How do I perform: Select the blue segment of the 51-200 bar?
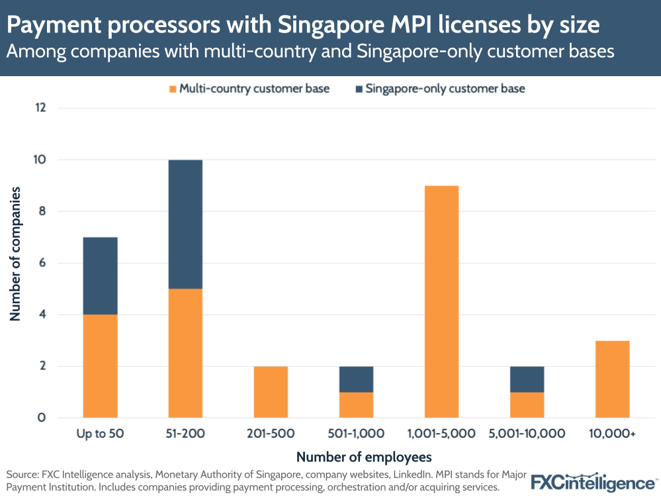click(x=185, y=224)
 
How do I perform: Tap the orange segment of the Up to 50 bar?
click(x=100, y=366)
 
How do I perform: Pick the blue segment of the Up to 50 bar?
click(x=100, y=275)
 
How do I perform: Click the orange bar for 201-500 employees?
click(x=271, y=391)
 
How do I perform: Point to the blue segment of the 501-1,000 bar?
click(x=356, y=379)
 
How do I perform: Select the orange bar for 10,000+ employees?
click(x=612, y=379)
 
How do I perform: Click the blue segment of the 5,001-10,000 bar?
click(x=527, y=379)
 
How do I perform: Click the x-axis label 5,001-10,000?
click(x=527, y=434)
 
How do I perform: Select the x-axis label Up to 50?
click(x=100, y=434)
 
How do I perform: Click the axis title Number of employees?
click(x=364, y=457)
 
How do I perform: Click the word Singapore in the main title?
click(x=339, y=25)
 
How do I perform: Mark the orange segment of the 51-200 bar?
click(x=185, y=353)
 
